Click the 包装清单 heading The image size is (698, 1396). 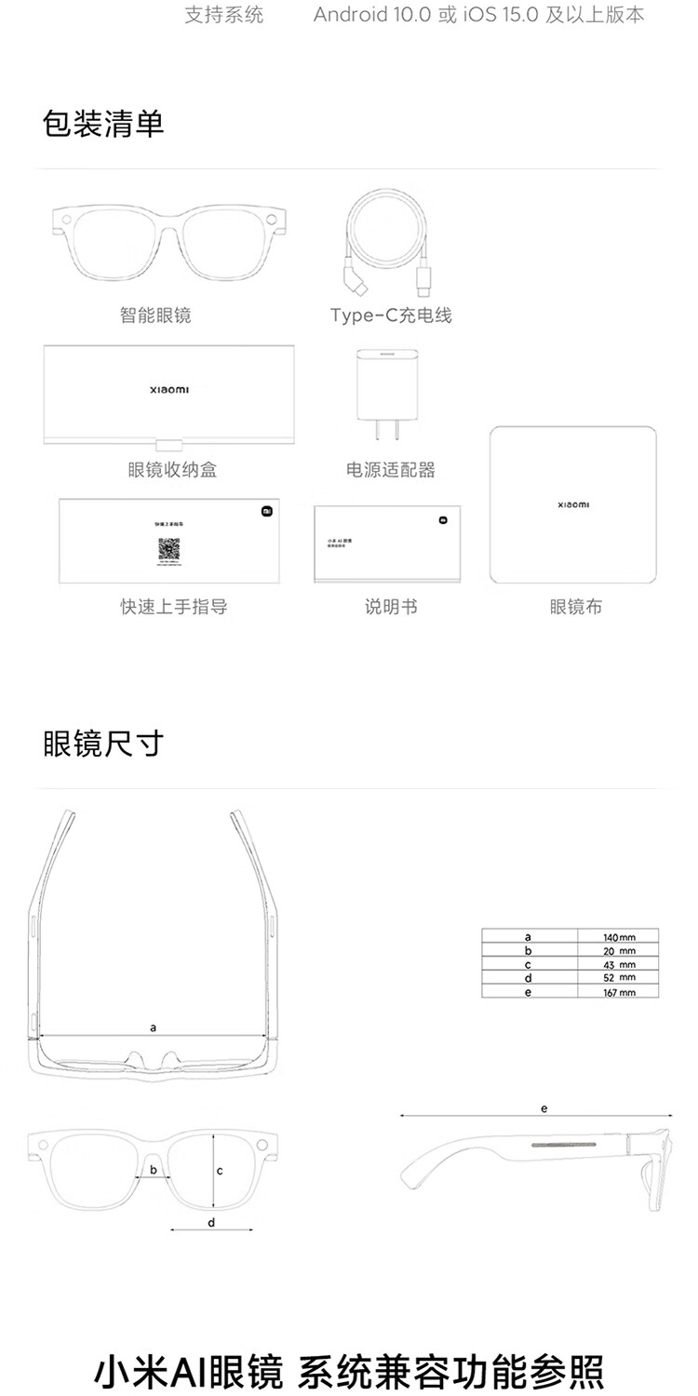tap(102, 123)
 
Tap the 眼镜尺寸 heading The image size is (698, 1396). tap(102, 744)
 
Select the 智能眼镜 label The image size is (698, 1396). tap(155, 315)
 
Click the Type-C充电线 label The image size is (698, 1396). tap(391, 315)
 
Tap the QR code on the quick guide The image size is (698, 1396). tap(168, 548)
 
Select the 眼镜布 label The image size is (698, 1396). tap(575, 607)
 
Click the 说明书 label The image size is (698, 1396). tap(391, 607)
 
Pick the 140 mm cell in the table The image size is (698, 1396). tap(618, 936)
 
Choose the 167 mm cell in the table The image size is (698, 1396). tap(618, 992)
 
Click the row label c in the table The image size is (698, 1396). tap(528, 964)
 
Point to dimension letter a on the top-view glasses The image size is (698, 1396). tap(153, 1027)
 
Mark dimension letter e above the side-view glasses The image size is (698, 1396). tap(544, 1108)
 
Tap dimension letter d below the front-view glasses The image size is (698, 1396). tap(211, 1222)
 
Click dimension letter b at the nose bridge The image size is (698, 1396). tap(154, 1169)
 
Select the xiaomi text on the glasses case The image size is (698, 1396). tap(168, 390)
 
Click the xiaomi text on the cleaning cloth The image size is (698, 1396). tap(573, 504)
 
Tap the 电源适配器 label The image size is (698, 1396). tap(391, 470)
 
